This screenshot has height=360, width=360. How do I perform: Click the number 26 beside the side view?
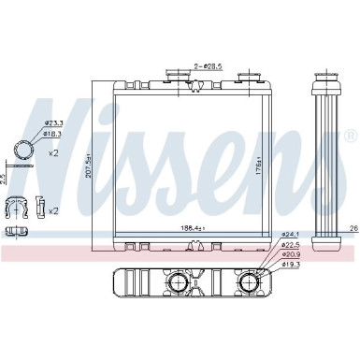pos(353,227)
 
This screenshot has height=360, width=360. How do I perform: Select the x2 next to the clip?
pos(52,210)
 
